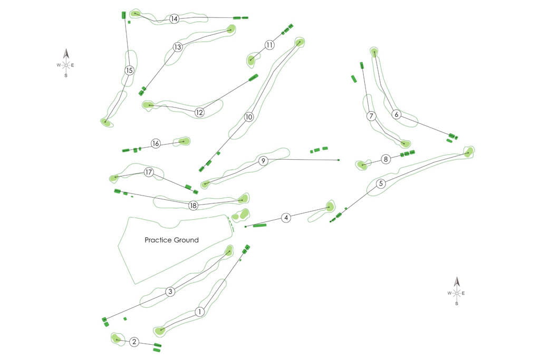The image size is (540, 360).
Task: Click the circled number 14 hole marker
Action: [174, 19]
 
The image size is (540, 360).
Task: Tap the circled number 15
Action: [129, 70]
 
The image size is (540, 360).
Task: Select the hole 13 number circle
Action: [177, 47]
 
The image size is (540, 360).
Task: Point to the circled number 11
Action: [269, 45]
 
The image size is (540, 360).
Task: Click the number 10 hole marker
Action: [249, 116]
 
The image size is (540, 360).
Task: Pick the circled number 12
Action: [199, 112]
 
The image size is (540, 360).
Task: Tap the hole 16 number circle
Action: [155, 143]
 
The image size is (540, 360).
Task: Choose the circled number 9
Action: [263, 160]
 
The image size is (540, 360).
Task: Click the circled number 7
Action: [371, 115]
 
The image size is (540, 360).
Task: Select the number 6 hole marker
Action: [397, 114]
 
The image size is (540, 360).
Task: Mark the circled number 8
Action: [386, 159]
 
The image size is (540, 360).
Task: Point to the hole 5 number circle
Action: [381, 183]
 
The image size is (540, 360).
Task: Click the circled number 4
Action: [286, 217]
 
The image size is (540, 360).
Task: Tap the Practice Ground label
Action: [172, 240]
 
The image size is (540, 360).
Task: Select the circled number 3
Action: [170, 291]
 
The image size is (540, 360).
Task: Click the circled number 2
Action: [134, 342]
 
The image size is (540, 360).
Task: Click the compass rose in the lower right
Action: [457, 291]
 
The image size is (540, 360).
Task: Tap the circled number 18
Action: [193, 206]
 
